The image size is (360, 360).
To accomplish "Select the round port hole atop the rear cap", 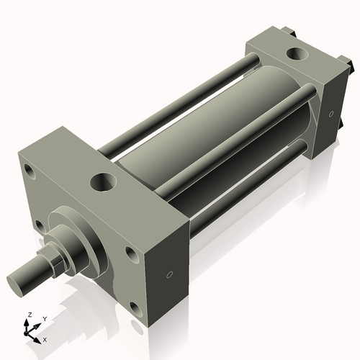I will click(x=296, y=53).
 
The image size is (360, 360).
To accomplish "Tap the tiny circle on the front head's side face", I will click(x=170, y=274).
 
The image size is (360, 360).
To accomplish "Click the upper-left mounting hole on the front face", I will click(x=29, y=171).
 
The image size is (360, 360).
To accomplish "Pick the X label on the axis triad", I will click(x=45, y=338).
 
